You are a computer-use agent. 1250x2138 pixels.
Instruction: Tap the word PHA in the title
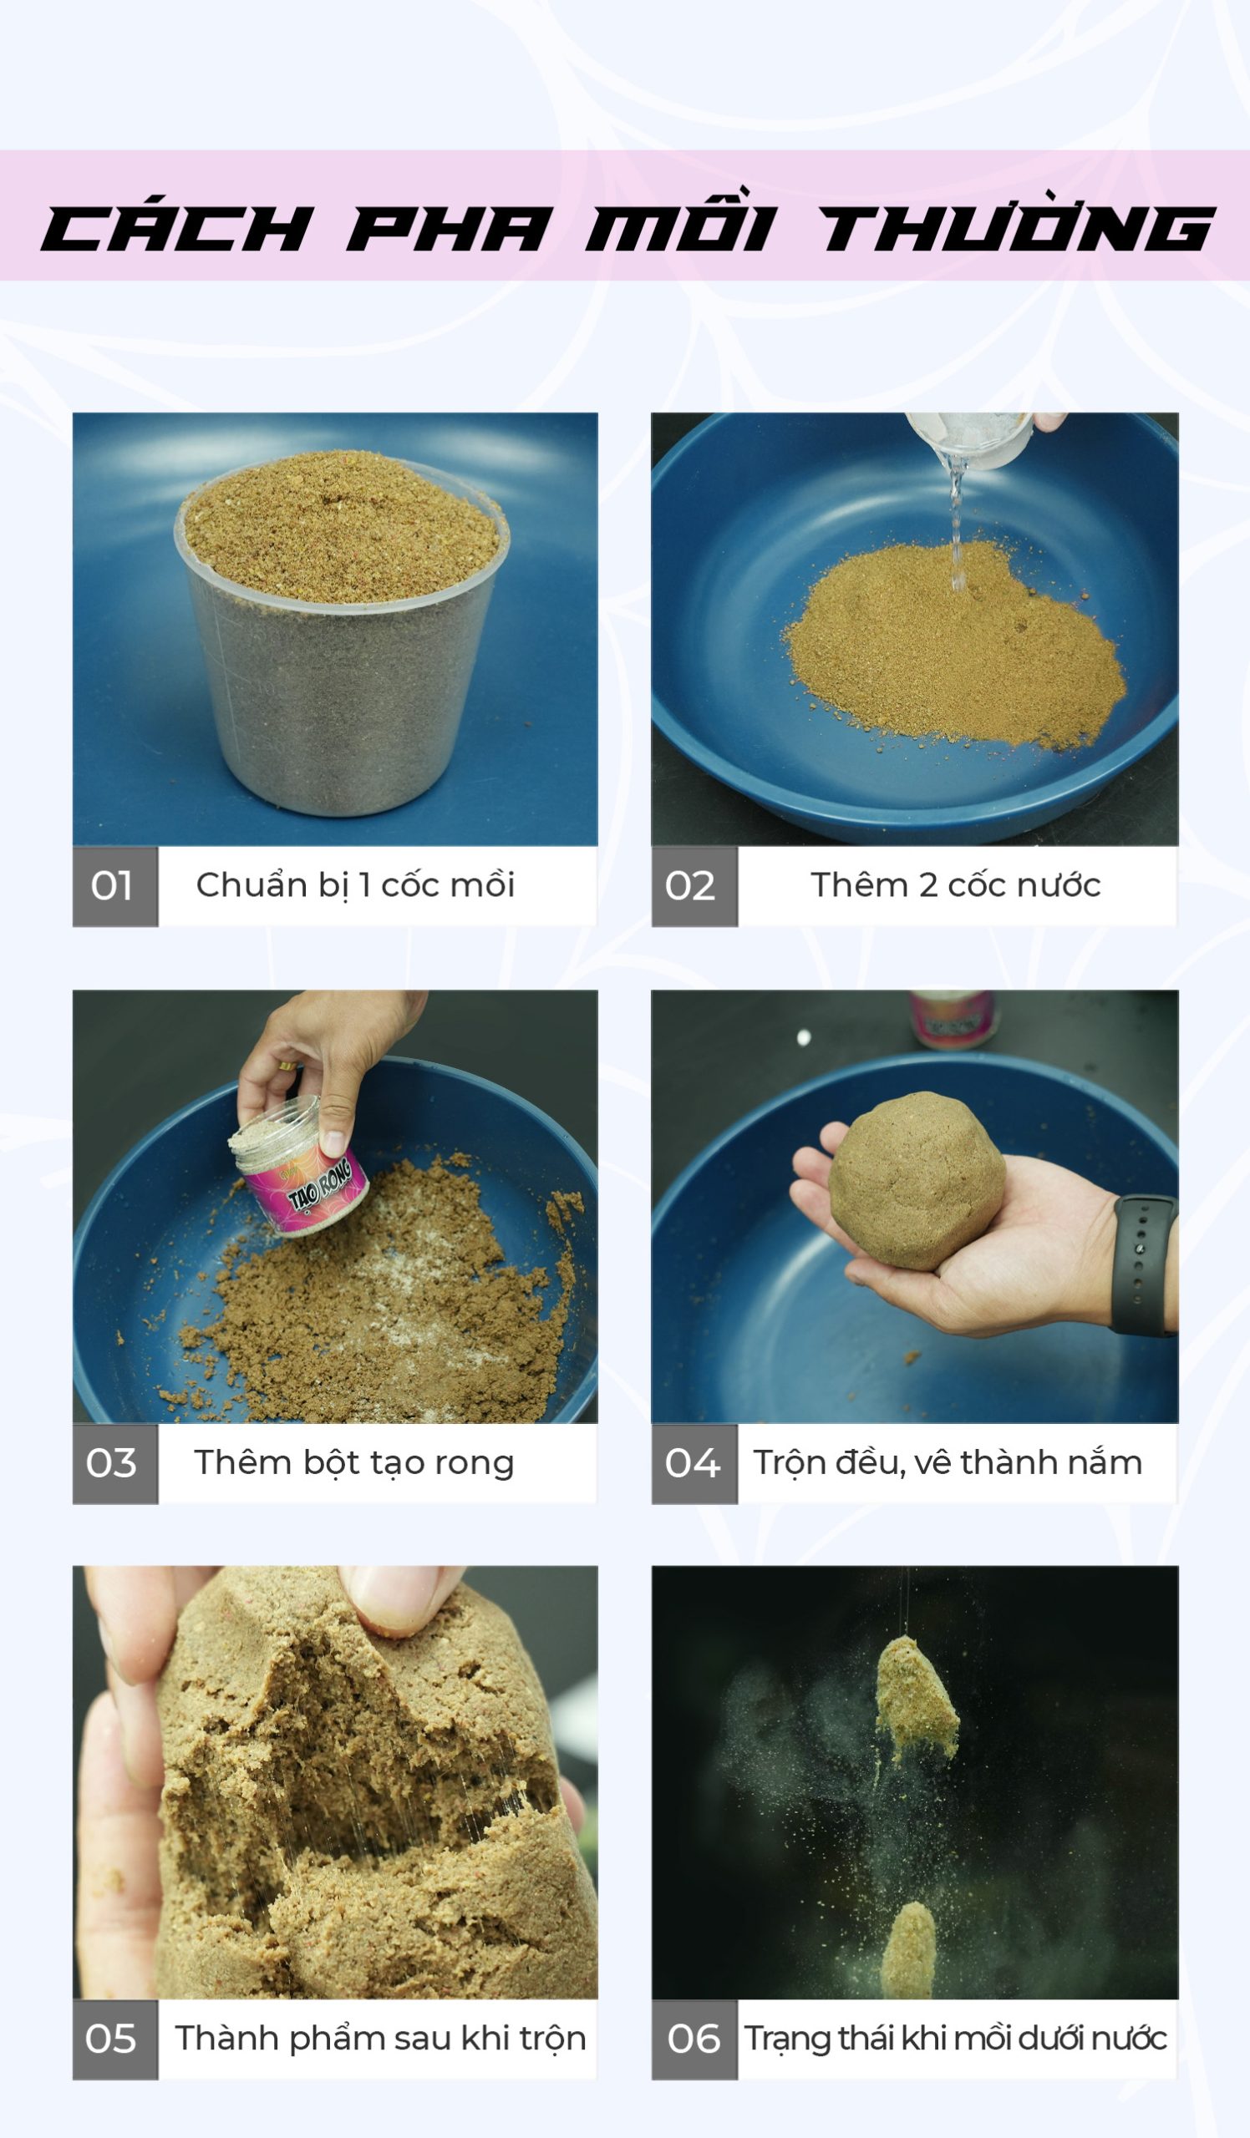445,228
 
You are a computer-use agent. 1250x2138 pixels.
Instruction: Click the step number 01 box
115,886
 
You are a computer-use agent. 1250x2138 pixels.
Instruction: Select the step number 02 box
694,886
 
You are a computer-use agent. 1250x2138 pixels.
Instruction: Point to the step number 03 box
115,1463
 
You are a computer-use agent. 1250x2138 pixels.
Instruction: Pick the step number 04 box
694,1463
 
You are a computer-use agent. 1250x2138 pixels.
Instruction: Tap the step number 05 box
115,2039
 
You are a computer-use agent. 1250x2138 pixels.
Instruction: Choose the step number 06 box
694,2039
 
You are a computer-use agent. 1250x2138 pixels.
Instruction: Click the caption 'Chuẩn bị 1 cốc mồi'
356,886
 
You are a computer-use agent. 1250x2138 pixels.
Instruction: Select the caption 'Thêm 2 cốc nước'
956,886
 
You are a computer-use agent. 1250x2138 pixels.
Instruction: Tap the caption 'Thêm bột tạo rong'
354,1463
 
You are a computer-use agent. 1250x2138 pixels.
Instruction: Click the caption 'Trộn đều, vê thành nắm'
948,1463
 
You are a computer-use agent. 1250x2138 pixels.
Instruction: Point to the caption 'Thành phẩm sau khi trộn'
380,2039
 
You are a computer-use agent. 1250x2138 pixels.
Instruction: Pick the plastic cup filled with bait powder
342,632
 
